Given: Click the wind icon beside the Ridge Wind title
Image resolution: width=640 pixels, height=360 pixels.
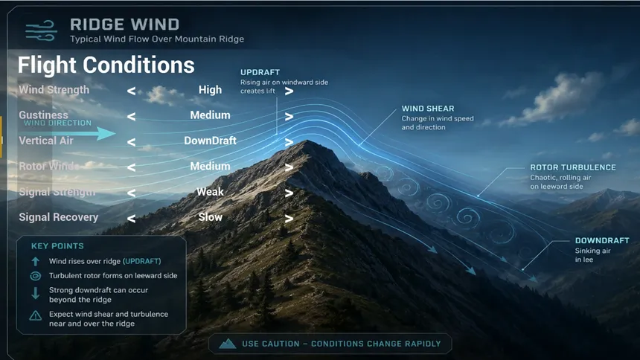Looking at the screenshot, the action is [x=41, y=31].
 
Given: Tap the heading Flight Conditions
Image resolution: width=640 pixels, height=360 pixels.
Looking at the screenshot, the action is [x=106, y=65].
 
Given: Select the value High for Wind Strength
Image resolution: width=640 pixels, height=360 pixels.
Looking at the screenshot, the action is [x=210, y=90].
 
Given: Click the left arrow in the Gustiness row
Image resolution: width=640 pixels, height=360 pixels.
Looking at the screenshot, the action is [x=131, y=117].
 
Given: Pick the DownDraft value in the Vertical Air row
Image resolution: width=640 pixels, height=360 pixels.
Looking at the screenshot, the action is [x=210, y=141].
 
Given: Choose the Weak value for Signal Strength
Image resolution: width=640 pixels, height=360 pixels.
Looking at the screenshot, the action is [x=210, y=192].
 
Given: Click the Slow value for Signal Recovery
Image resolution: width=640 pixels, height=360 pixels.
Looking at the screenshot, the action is [x=210, y=217].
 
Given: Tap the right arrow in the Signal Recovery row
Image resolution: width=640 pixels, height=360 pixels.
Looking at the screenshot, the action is [x=289, y=219].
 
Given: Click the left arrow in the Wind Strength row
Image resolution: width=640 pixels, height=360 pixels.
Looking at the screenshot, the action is [x=131, y=91].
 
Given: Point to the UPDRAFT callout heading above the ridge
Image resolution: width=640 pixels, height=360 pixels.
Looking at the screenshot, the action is [x=260, y=72].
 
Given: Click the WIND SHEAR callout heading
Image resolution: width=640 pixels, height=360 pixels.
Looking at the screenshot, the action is [x=428, y=109].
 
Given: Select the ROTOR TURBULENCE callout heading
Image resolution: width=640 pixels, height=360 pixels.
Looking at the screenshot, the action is [x=573, y=167].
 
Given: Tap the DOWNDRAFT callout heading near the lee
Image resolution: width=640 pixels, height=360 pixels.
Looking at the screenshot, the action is [x=602, y=240].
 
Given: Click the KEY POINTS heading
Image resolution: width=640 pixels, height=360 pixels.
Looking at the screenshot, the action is [x=57, y=246].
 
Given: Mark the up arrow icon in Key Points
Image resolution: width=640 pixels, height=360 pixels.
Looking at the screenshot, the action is [x=36, y=261].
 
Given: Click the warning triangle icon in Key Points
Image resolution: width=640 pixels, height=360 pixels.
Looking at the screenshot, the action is [x=36, y=315].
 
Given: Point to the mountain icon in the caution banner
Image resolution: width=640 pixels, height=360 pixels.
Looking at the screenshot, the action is [x=227, y=344].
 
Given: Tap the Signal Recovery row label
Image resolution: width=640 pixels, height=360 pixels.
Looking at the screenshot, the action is [x=58, y=217].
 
